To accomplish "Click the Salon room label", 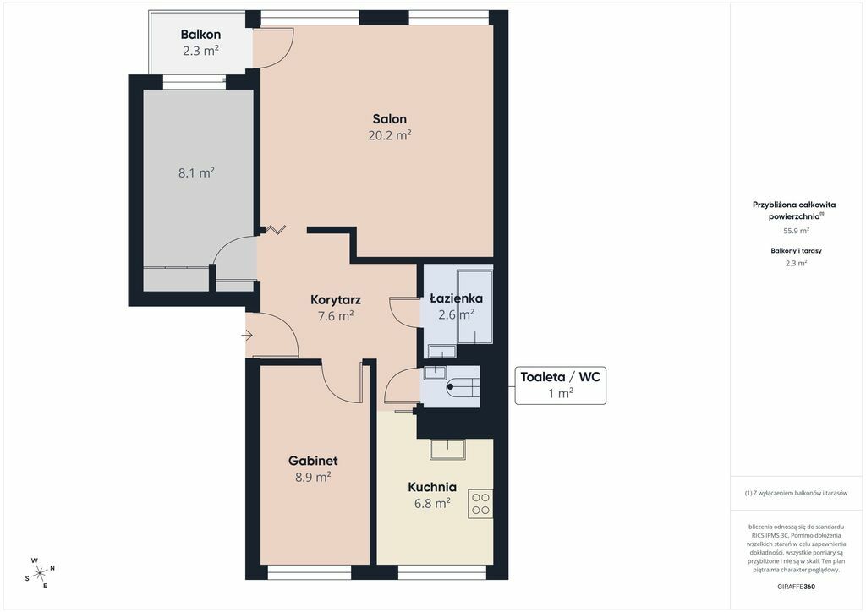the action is tap(389, 118).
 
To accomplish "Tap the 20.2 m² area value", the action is tap(389, 135).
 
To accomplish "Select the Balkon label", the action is tap(200, 34).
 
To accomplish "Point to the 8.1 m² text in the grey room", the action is tap(196, 172).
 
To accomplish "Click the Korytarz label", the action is tap(336, 299).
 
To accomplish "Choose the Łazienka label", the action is tap(456, 298).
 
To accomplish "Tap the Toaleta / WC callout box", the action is tap(561, 385).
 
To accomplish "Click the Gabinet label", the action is tap(313, 461).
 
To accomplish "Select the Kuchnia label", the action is tap(432, 487).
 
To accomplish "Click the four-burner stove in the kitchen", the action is tap(480, 504).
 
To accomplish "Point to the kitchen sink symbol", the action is tap(448, 449).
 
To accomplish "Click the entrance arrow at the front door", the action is tap(247, 335).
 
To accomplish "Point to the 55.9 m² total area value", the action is tap(796, 231).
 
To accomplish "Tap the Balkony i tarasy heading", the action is tap(796, 250).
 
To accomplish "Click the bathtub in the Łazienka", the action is tap(474, 307).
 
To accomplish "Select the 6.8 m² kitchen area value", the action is tap(432, 503).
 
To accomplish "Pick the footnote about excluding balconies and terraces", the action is tap(796, 493).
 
